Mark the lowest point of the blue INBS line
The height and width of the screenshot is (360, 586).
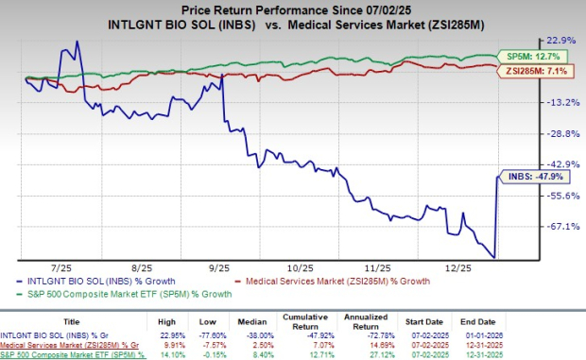(493, 257)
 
